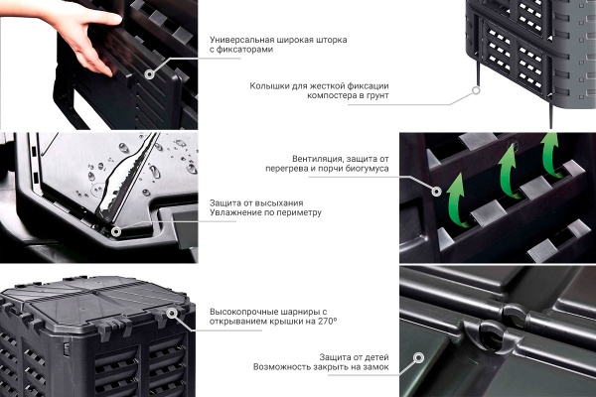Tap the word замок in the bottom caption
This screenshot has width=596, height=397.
coord(375,367)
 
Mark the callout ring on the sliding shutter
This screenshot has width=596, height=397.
coord(150,73)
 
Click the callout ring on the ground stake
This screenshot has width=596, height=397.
coord(476,90)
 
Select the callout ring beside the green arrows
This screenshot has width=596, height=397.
coord(436,192)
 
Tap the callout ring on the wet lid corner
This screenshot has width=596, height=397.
coord(115,231)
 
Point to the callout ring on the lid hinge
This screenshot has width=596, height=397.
coord(172,313)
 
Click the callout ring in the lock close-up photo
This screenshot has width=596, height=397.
coord(418,357)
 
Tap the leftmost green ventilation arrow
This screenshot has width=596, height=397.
coord(455,201)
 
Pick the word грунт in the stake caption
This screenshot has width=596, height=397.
coord(377,95)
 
